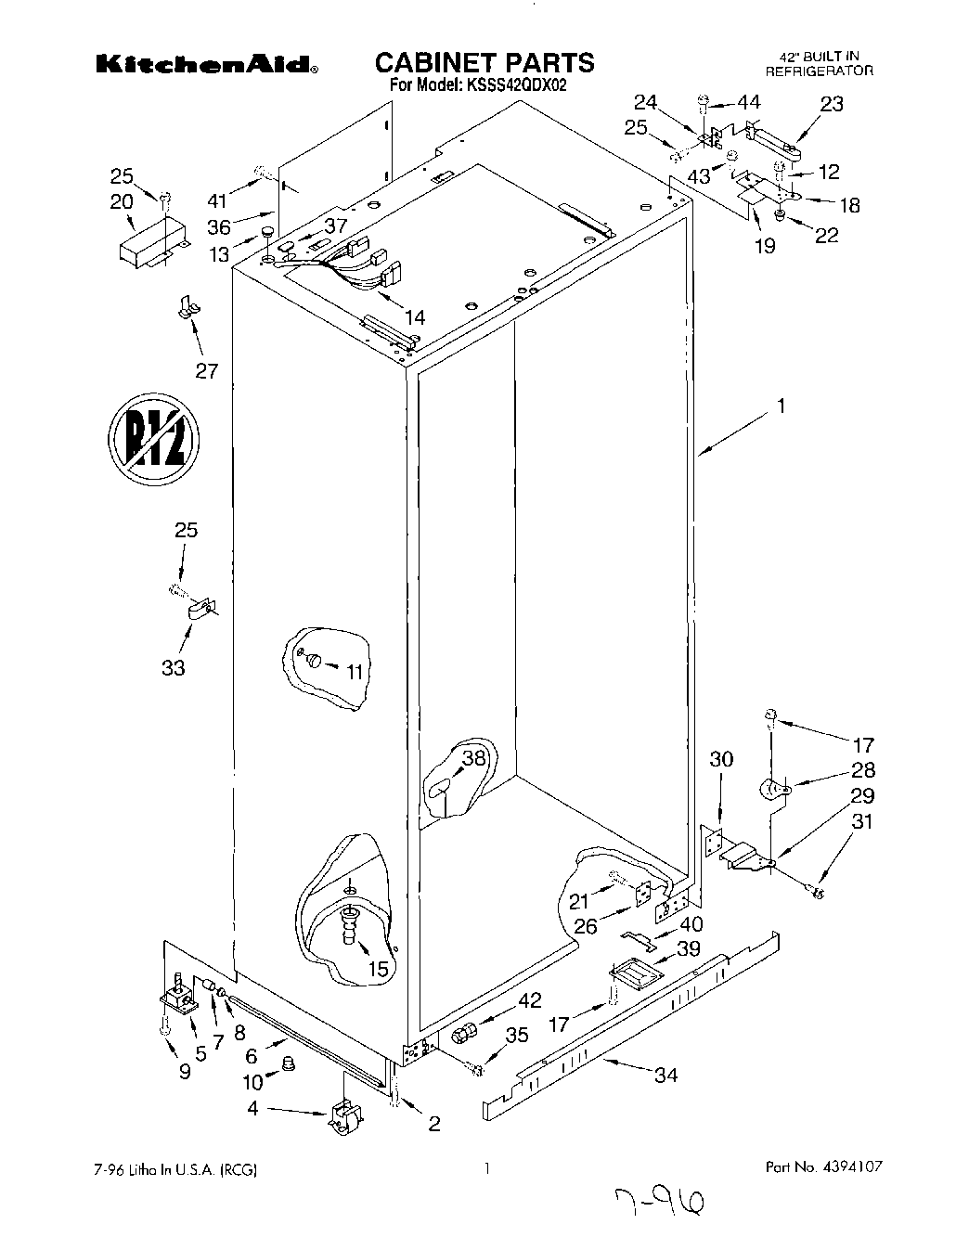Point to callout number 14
pos(415,317)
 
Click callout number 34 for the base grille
pos(665,1076)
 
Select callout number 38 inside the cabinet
pos(473,758)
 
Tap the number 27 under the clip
pos(206,371)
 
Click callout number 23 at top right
pos(832,104)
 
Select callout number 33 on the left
pos(173,666)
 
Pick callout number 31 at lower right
pos(862,822)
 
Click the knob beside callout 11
pos(316,660)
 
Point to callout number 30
pos(720,760)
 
